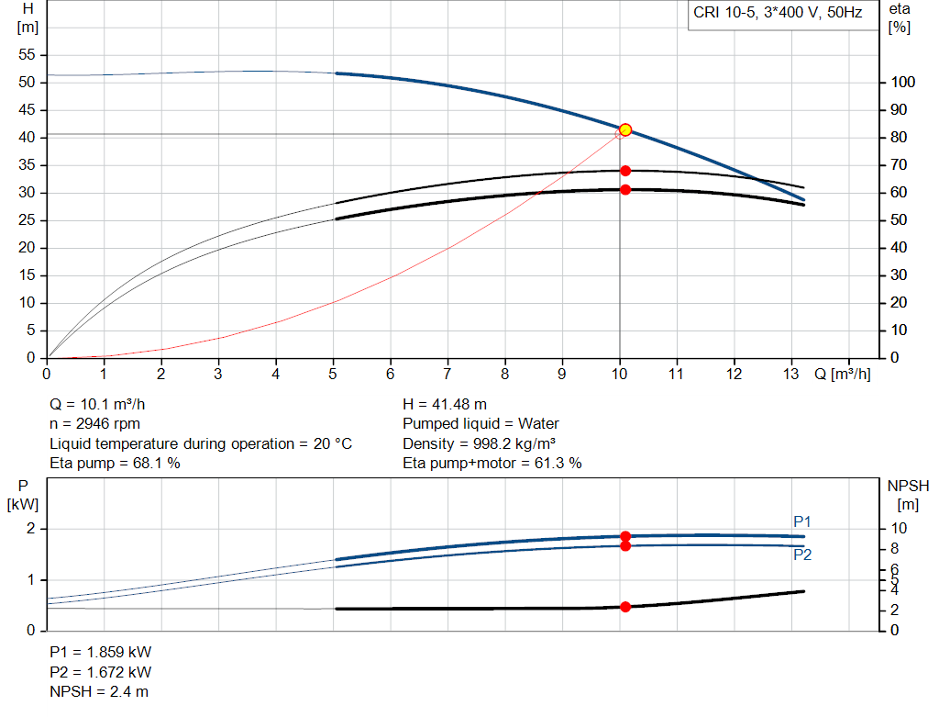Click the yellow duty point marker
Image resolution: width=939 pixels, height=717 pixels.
point(625,130)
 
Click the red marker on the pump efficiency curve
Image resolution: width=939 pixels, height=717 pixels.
point(625,171)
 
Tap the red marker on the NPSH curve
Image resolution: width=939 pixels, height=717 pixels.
point(625,607)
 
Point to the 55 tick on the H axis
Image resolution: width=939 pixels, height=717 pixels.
point(26,55)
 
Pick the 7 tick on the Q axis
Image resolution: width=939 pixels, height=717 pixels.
point(447,375)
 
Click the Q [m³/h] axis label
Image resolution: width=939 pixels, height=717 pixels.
point(843,375)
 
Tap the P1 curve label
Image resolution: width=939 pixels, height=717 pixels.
point(802,522)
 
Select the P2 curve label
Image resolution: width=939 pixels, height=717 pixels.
point(802,555)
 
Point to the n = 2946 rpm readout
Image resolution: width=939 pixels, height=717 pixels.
point(96,424)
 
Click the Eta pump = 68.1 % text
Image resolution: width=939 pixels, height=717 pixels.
point(115,464)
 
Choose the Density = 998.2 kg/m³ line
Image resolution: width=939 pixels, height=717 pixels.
point(478,443)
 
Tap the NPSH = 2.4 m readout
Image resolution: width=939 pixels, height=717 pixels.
point(99,691)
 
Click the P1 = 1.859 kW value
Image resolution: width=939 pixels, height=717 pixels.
point(100,652)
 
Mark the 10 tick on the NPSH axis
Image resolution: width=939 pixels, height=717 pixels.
point(900,529)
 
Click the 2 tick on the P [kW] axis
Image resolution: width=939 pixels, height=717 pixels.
point(30,529)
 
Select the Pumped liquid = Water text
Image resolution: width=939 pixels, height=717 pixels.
point(481,424)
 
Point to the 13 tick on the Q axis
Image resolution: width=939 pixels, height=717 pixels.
point(790,375)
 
